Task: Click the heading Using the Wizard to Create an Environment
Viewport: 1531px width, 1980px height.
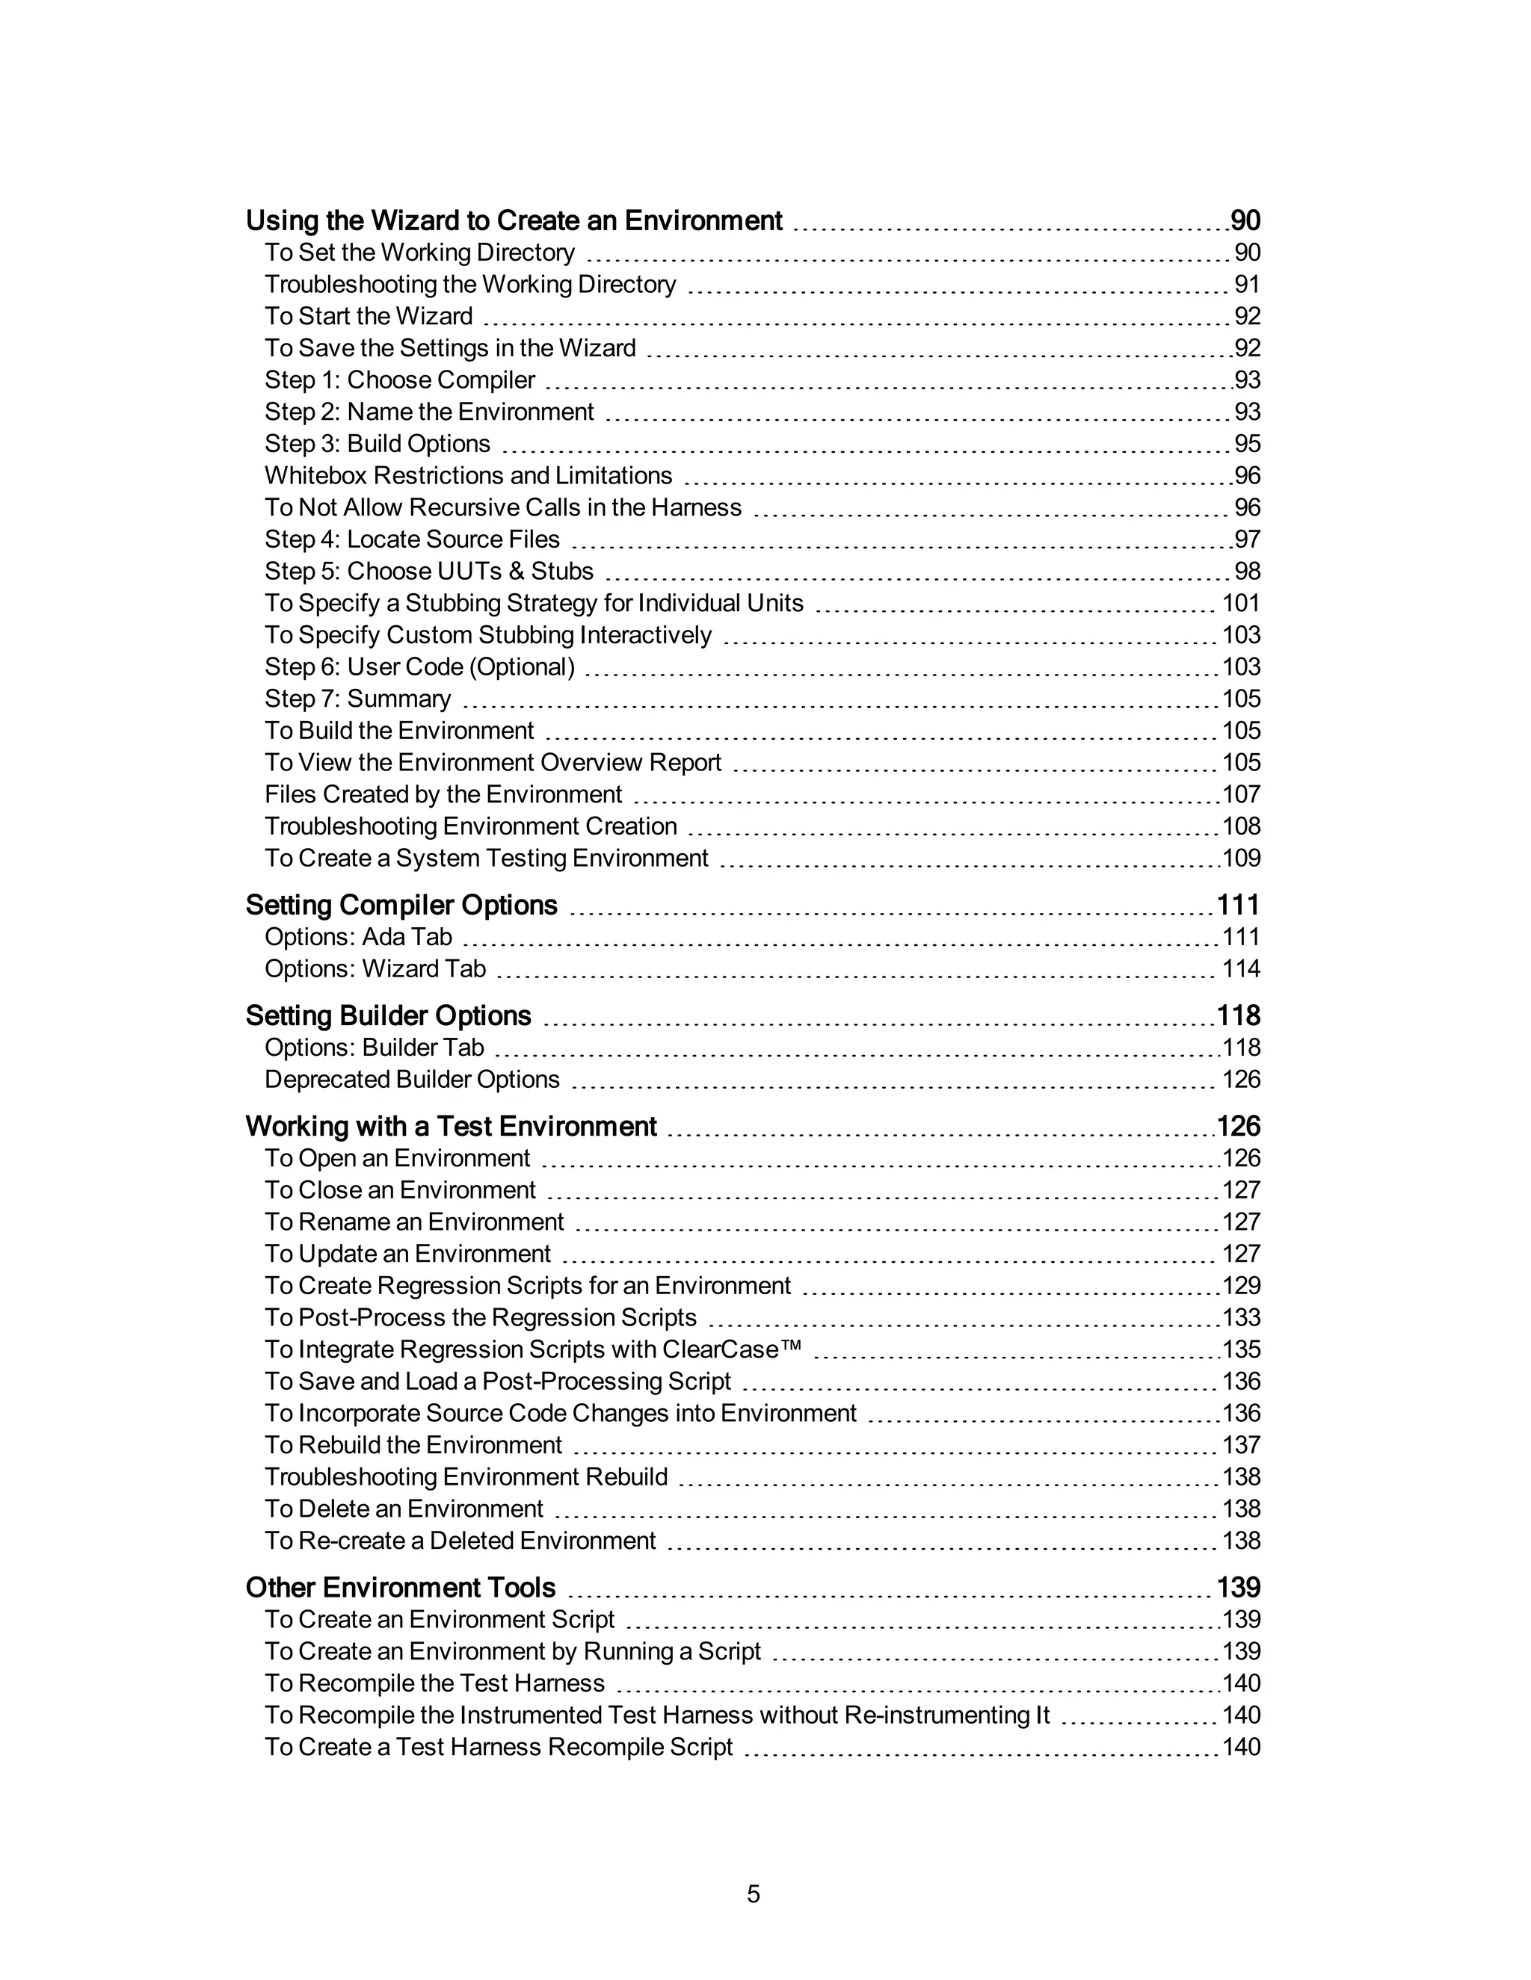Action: coord(514,220)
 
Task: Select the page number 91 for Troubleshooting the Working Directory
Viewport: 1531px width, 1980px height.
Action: coord(1247,285)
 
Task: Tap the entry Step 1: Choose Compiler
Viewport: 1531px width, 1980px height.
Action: coord(399,380)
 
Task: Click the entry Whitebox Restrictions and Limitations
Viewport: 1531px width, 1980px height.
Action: coord(468,476)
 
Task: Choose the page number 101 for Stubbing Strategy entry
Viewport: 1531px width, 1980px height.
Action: coord(1241,603)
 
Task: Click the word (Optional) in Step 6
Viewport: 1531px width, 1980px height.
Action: coord(522,667)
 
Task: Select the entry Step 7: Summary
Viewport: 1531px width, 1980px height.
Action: coord(357,699)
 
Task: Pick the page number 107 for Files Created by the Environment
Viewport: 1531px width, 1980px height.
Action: coord(1241,794)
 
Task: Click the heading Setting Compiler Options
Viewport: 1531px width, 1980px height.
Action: coord(401,905)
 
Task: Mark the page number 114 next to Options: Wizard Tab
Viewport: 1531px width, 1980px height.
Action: coord(1241,969)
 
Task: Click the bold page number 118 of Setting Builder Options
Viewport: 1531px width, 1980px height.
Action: coord(1238,1015)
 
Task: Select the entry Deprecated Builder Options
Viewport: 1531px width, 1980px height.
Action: coord(412,1080)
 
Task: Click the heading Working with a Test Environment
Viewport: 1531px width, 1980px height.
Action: coord(451,1126)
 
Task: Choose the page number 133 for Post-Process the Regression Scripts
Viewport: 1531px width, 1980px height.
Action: coord(1241,1317)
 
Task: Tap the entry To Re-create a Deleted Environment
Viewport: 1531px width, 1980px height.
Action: coord(460,1541)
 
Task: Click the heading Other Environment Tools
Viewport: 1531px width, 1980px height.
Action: coord(400,1588)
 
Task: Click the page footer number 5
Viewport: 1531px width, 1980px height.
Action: coord(753,1894)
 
